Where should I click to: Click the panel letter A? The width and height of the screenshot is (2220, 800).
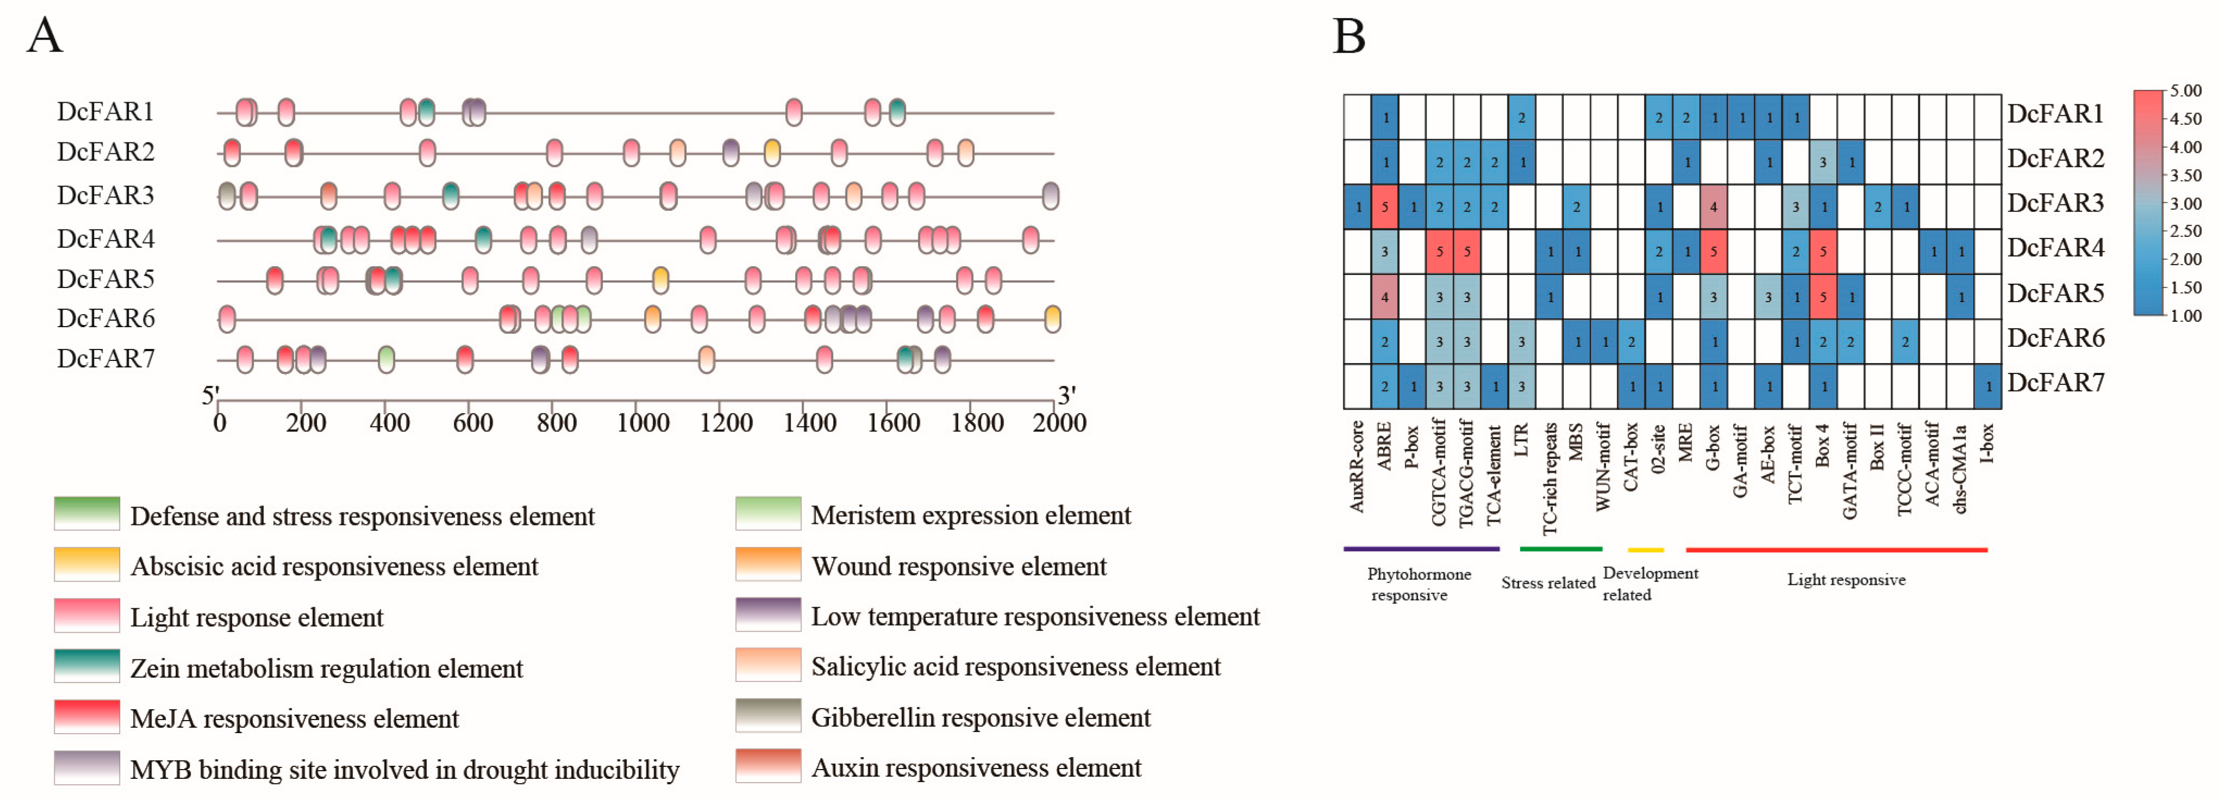tap(45, 36)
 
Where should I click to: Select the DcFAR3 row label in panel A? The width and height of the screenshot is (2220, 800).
tap(105, 196)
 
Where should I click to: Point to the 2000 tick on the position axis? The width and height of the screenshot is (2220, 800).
tap(1059, 422)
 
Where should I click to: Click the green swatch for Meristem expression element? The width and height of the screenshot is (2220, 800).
tap(768, 514)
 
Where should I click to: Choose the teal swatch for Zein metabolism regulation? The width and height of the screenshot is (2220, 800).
tap(86, 666)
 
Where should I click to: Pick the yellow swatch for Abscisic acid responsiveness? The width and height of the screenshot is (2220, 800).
tap(86, 565)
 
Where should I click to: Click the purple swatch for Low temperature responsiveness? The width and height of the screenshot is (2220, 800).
tap(768, 615)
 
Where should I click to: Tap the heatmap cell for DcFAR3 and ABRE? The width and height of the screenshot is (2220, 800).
tap(1385, 207)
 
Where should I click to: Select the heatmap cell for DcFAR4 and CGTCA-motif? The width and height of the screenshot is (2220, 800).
tap(1439, 252)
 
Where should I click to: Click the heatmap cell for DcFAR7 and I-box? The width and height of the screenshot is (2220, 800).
tap(1987, 386)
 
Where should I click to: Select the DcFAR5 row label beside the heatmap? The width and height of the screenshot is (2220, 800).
tap(2055, 293)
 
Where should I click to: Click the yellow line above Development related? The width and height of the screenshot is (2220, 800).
tap(1645, 549)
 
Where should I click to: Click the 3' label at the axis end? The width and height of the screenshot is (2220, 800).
tap(1067, 395)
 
